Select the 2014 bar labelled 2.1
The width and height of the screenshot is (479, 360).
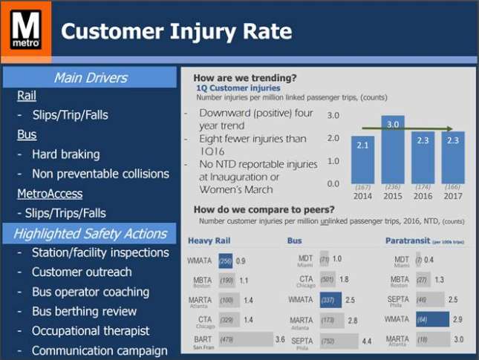click(x=362, y=160)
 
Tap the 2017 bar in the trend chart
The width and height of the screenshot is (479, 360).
click(x=452, y=157)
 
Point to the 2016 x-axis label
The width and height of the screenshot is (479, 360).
click(x=423, y=197)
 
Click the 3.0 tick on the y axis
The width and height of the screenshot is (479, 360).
click(x=333, y=117)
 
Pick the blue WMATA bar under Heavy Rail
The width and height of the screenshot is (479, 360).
click(x=226, y=261)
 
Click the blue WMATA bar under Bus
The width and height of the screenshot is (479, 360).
click(x=330, y=301)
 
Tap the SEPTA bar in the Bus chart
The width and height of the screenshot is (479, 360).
click(x=338, y=341)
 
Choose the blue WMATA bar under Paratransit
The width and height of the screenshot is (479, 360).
click(x=431, y=320)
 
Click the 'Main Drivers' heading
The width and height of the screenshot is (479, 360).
click(x=90, y=77)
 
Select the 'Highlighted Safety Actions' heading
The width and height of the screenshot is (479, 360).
click(x=90, y=234)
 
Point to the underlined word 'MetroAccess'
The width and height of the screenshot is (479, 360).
click(x=50, y=193)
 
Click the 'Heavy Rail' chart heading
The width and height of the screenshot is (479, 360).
click(x=216, y=240)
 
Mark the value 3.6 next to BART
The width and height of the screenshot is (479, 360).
click(x=280, y=339)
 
